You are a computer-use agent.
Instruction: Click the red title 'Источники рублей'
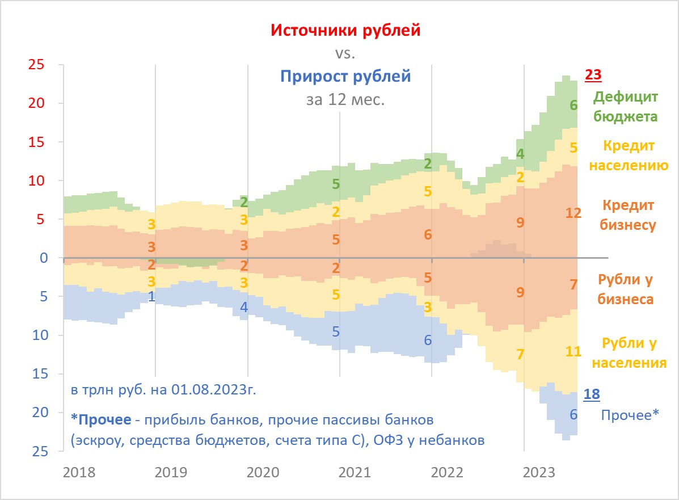345,30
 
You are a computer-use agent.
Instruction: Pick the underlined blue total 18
592,394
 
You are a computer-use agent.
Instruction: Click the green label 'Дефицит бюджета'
626,107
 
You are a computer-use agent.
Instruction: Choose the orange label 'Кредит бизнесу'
629,215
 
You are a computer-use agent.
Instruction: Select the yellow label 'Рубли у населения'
634,352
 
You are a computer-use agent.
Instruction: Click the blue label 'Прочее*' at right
630,415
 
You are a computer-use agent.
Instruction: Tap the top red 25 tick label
37,65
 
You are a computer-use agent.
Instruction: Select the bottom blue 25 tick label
37,451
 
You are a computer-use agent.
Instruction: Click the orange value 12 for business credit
573,213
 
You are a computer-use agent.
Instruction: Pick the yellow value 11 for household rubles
573,351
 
